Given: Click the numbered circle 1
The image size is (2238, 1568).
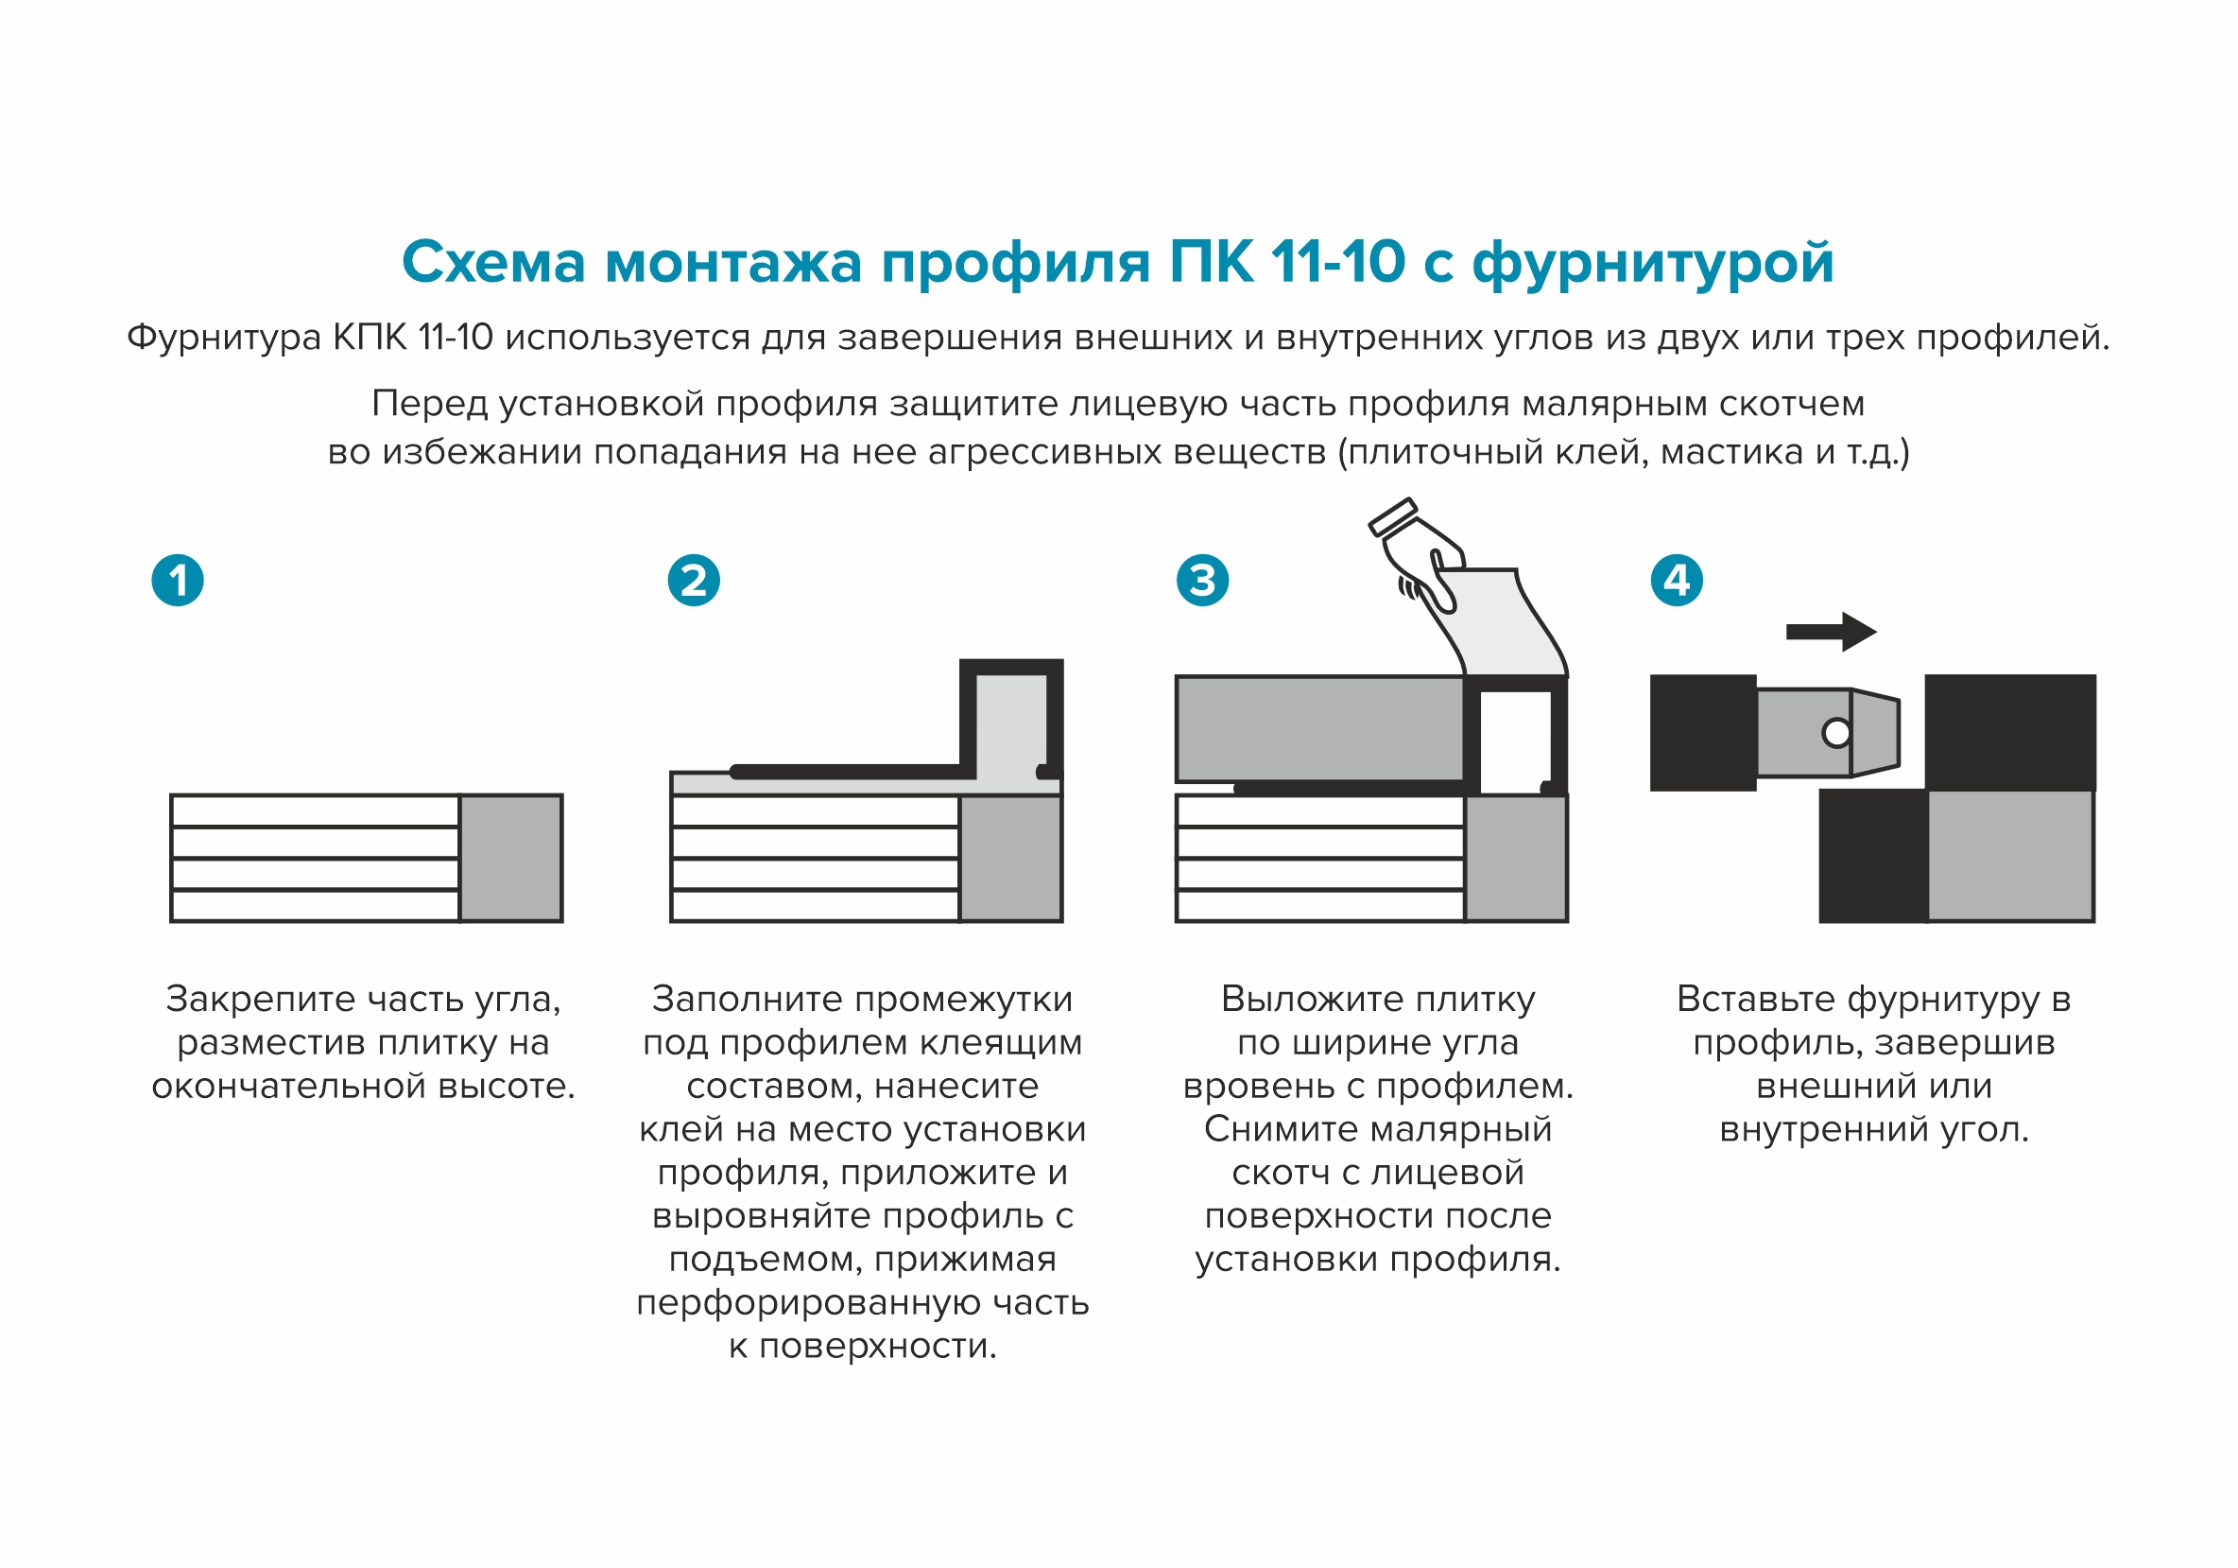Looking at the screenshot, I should click(178, 581).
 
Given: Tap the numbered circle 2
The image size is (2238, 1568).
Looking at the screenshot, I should click(693, 581).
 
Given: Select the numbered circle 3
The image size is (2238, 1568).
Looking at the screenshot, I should click(1202, 581).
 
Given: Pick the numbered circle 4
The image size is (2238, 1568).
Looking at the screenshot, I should click(1677, 581).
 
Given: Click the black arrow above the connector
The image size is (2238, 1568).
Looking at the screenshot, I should click(1831, 632).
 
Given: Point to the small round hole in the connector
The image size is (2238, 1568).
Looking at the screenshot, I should click(1836, 732).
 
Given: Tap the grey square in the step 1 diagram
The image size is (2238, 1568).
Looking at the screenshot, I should click(510, 858).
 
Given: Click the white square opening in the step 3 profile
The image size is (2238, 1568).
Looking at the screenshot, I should click(1516, 741).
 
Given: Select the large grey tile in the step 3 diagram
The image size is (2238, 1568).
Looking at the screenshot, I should click(1319, 728).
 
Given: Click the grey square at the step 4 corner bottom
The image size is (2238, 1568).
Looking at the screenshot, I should click(2009, 855).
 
